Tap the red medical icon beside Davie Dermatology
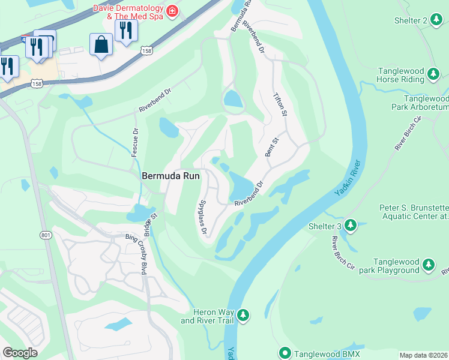172,11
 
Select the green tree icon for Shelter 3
350,226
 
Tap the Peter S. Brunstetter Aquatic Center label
413,213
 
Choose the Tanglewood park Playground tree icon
429,265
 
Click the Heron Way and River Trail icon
243,314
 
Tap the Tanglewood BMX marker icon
285,353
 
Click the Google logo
20,353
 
